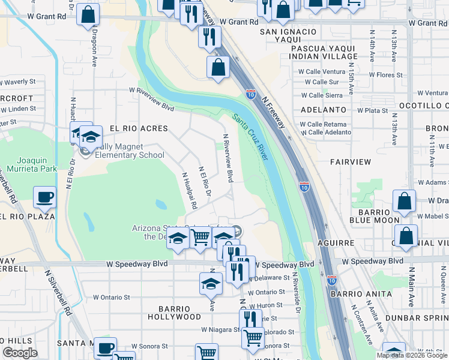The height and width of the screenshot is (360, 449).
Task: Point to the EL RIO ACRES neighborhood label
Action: coord(130,128)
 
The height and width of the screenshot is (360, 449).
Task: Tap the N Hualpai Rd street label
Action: coord(189,190)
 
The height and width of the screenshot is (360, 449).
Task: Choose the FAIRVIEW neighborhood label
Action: coord(351,162)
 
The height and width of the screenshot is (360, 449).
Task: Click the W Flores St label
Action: coord(385,75)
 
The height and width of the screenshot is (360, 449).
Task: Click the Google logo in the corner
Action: coord(20,352)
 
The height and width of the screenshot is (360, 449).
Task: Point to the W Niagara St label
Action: coord(220,329)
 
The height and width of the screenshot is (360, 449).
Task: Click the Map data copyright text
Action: coord(411,355)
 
